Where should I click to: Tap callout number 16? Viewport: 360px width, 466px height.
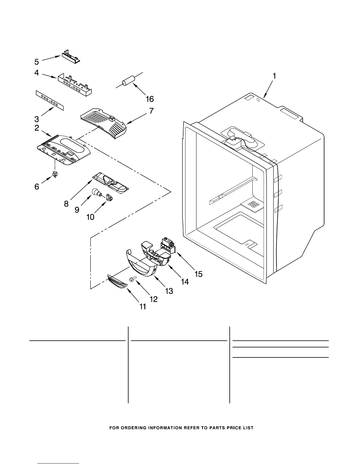(150, 99)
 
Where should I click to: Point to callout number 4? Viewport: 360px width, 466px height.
(36, 72)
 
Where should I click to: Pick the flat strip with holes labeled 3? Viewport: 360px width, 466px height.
(50, 101)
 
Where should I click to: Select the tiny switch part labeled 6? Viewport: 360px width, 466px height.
(54, 174)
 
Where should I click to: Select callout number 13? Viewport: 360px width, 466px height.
(169, 291)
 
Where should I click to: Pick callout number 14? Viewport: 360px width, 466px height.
(185, 282)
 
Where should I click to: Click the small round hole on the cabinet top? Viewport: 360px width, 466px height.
(258, 100)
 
